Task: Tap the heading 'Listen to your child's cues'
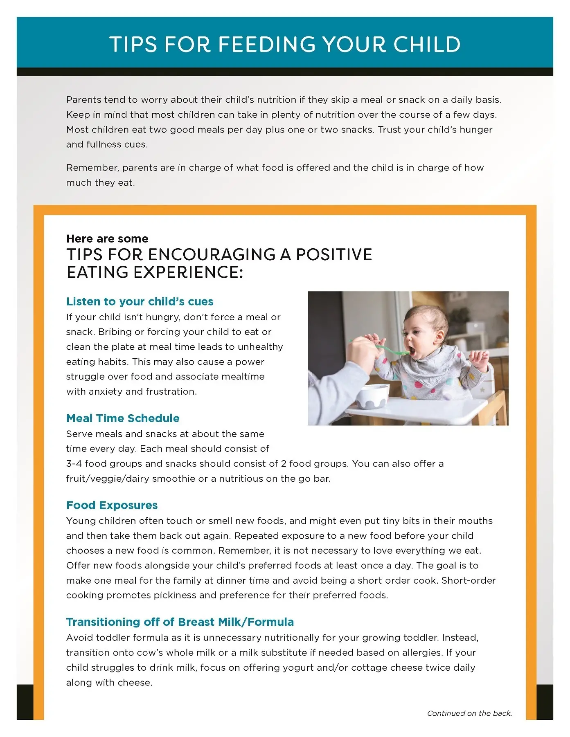coord(140,301)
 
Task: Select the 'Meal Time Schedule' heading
coord(123,418)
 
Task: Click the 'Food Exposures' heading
coord(112,505)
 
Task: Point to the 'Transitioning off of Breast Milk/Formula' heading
coord(180,622)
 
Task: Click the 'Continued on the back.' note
coord(469,713)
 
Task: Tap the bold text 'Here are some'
coord(107,238)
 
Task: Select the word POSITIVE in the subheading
coord(334,254)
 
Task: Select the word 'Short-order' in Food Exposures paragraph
coord(469,580)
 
